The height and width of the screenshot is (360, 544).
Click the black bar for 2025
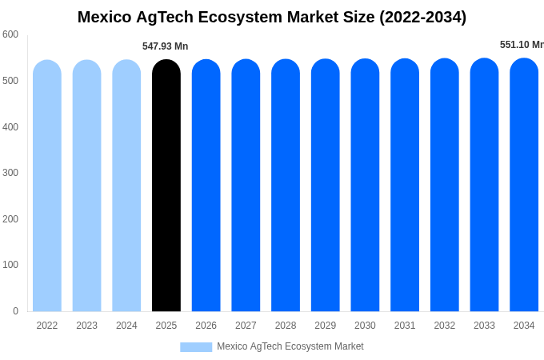(x=166, y=186)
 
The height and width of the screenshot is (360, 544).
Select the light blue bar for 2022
(x=47, y=186)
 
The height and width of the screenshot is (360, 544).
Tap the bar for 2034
(x=524, y=185)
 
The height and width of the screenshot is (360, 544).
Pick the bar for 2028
(x=286, y=186)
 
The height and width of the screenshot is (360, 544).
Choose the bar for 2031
(x=405, y=185)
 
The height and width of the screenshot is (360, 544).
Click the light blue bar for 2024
(x=126, y=186)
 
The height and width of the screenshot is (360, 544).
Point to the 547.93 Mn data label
(x=166, y=46)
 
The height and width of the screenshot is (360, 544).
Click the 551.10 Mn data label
(x=521, y=45)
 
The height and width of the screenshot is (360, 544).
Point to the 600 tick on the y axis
(x=10, y=34)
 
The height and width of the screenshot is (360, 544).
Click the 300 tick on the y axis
(x=10, y=173)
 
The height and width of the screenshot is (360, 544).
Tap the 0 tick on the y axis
(x=15, y=311)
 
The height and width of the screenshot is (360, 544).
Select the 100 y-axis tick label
(x=10, y=265)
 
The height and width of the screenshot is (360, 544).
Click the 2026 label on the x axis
(x=206, y=326)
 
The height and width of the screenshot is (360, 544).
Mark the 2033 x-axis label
(x=484, y=326)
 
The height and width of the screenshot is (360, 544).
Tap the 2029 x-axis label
(x=326, y=326)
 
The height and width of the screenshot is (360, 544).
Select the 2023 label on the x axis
(x=87, y=326)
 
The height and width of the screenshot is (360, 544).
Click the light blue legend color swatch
(x=196, y=347)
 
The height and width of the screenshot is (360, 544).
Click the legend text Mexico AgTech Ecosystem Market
(x=290, y=346)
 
